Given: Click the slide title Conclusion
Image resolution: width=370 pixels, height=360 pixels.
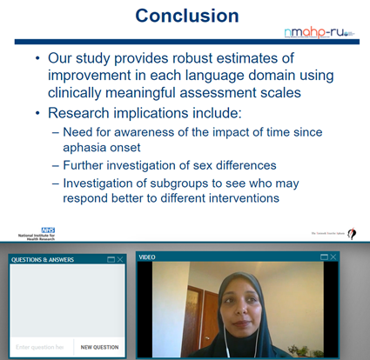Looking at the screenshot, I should point(185,16).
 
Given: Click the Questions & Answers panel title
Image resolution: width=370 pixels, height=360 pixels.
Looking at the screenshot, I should point(42,259).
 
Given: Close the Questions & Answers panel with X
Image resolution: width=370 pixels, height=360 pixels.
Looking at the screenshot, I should point(120,259).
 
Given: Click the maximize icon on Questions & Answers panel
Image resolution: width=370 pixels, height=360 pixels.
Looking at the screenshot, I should point(111,259).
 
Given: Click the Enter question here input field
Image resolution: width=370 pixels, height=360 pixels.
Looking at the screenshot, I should point(41,347).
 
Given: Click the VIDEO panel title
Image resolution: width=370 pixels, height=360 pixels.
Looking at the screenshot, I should point(149,258).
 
